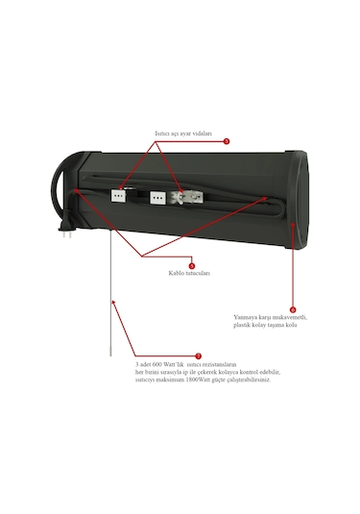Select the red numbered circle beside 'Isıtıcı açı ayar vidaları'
coord(227,140)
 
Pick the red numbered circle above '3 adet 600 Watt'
coord(198,355)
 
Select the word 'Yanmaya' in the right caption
coord(247,317)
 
